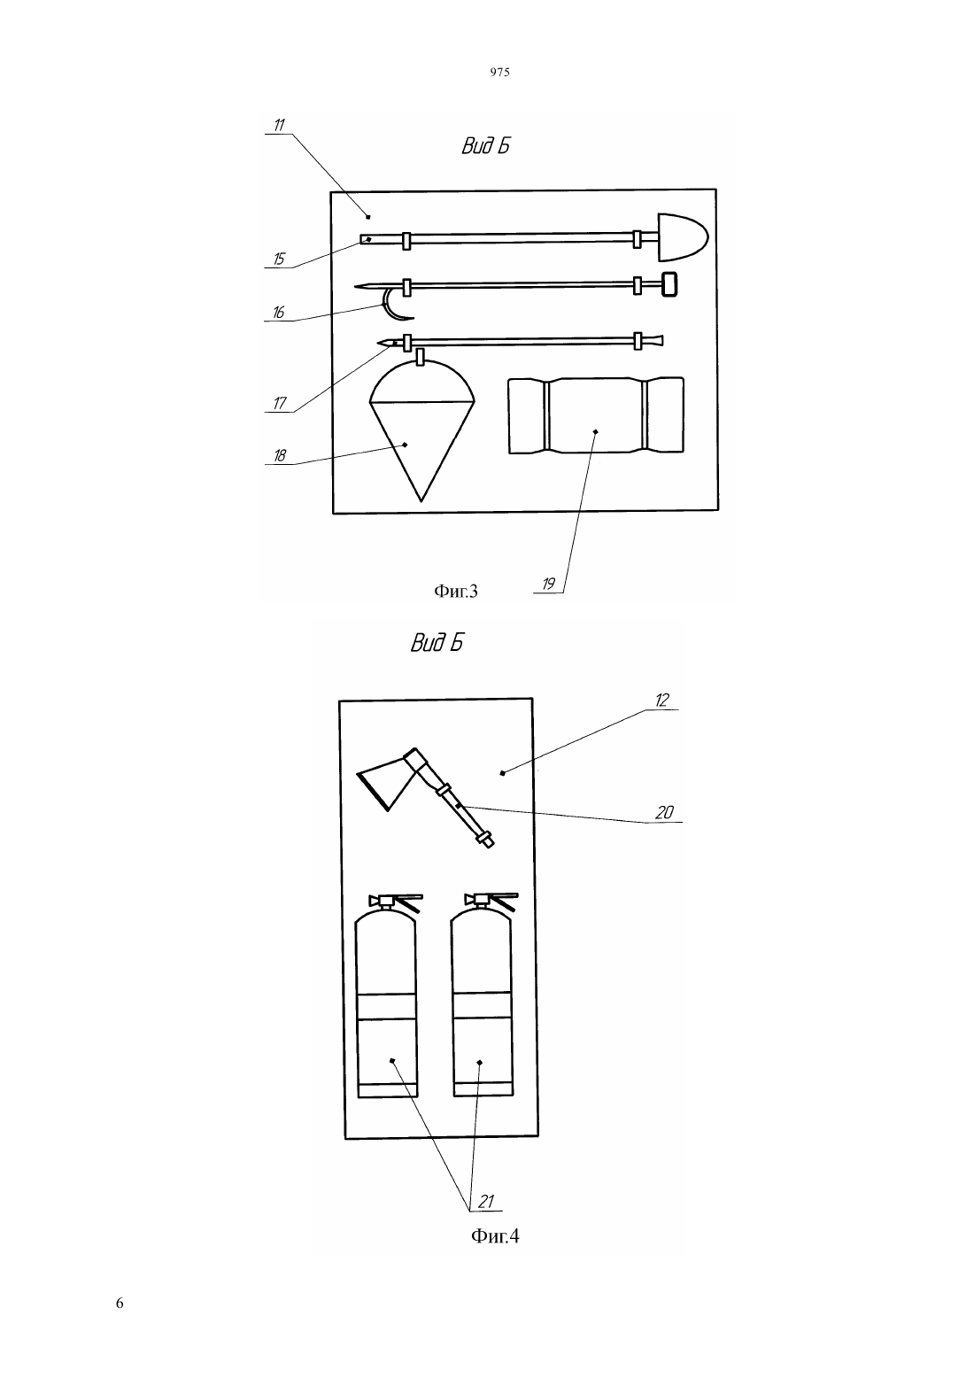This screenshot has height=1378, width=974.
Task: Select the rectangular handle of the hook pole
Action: point(670,285)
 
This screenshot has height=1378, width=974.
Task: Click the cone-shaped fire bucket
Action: point(421,430)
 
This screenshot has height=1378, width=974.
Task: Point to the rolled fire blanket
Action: point(596,415)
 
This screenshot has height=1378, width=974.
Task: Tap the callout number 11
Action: point(279,125)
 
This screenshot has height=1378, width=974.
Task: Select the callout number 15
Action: point(279,259)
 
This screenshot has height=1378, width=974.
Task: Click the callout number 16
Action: point(279,313)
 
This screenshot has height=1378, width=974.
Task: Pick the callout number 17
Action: point(280,404)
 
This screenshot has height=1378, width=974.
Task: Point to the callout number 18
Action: point(280,456)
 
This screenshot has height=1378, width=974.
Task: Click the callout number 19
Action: point(548,584)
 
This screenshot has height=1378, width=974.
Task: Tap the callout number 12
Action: point(661,701)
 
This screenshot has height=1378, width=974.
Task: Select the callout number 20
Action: point(665,813)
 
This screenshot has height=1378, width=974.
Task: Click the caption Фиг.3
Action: point(456,592)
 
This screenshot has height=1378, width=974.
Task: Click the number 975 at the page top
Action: point(500,72)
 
